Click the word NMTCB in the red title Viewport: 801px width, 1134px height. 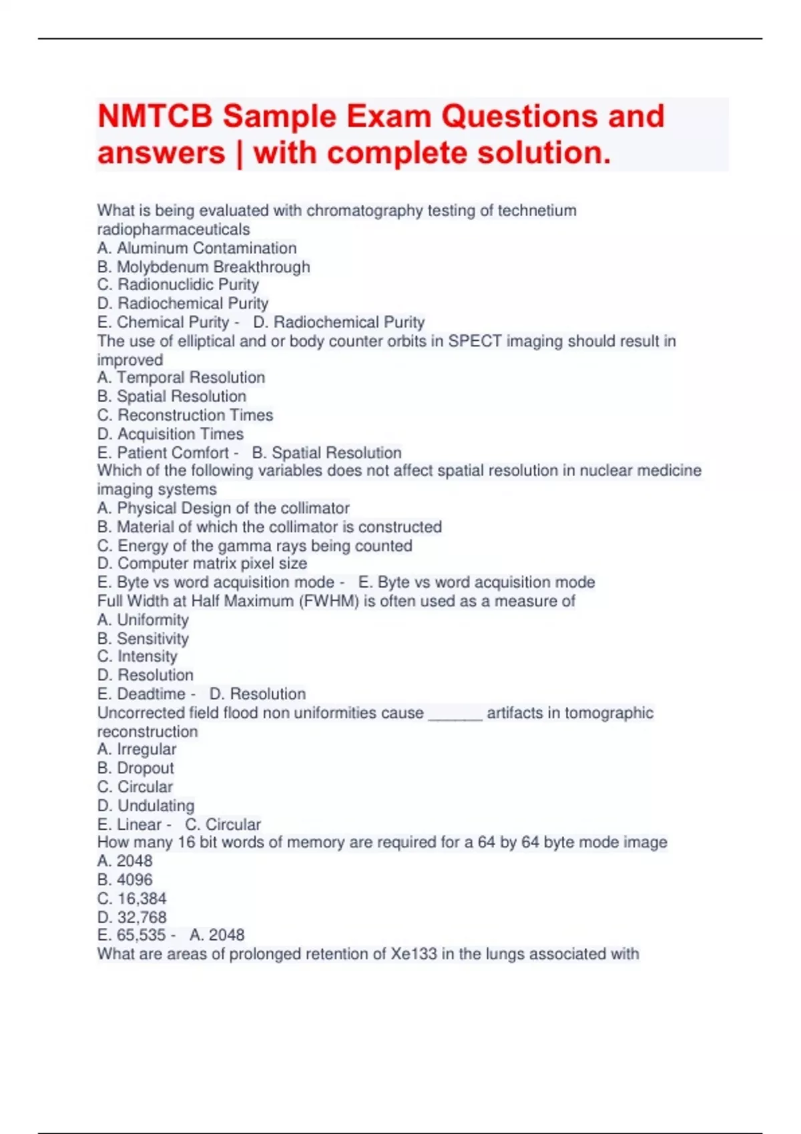coord(155,117)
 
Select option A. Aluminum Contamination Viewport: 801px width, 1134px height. coord(197,248)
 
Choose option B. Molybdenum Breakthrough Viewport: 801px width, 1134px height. coord(204,267)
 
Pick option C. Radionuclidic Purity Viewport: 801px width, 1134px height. coord(178,285)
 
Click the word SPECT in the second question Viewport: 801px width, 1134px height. coord(475,342)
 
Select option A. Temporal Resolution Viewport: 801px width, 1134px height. coord(181,378)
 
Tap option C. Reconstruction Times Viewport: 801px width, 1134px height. coord(185,415)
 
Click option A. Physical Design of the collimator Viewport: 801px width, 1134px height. coord(223,508)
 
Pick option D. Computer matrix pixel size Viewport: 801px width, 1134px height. coord(202,564)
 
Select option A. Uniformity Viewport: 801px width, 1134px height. coord(143,620)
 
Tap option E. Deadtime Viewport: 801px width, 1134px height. coord(142,694)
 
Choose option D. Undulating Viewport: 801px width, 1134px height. coord(146,806)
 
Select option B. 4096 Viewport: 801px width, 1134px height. coord(125,880)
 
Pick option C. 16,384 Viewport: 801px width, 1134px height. coord(131,899)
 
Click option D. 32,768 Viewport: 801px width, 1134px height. coord(131,917)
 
